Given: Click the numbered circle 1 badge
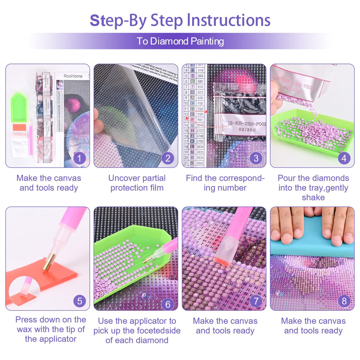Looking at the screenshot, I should pyautogui.click(x=79, y=158).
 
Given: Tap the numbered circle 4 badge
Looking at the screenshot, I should pyautogui.click(x=344, y=158).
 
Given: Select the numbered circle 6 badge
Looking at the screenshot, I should pyautogui.click(x=168, y=304).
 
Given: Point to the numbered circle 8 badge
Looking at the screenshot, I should pyautogui.click(x=344, y=301).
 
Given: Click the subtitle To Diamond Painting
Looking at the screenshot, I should pyautogui.click(x=180, y=41).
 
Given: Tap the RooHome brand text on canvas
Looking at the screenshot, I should pyautogui.click(x=73, y=76).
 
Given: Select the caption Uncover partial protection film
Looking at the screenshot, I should pyautogui.click(x=137, y=183).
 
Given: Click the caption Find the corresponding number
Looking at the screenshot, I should pyautogui.click(x=225, y=183).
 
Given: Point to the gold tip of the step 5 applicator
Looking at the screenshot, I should pyautogui.click(x=47, y=264).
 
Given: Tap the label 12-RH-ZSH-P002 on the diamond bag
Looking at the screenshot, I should pyautogui.click(x=246, y=123).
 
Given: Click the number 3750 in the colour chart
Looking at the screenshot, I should pyautogui.click(x=200, y=141).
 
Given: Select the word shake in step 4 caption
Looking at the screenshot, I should pyautogui.click(x=313, y=197).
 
